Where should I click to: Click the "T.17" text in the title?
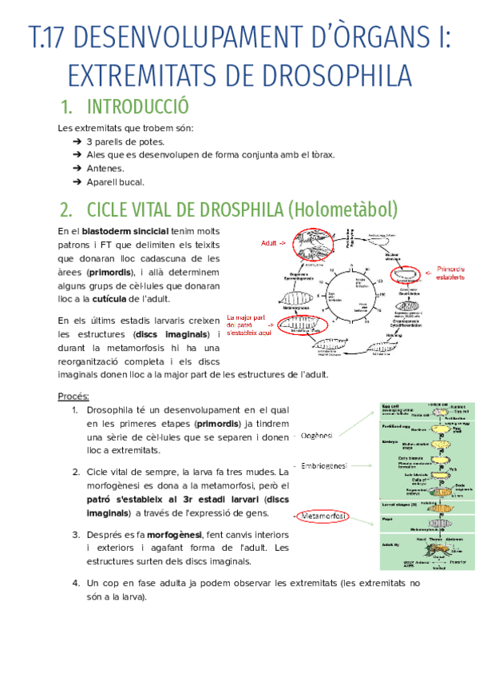pyautogui.click(x=50, y=38)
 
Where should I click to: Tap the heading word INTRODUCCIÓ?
pyautogui.click(x=137, y=107)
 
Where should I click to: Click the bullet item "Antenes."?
pyautogui.click(x=105, y=168)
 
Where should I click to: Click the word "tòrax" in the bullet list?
pyautogui.click(x=319, y=154)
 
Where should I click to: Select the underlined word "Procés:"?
pyautogui.click(x=73, y=397)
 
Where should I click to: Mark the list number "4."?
pyautogui.click(x=75, y=583)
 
